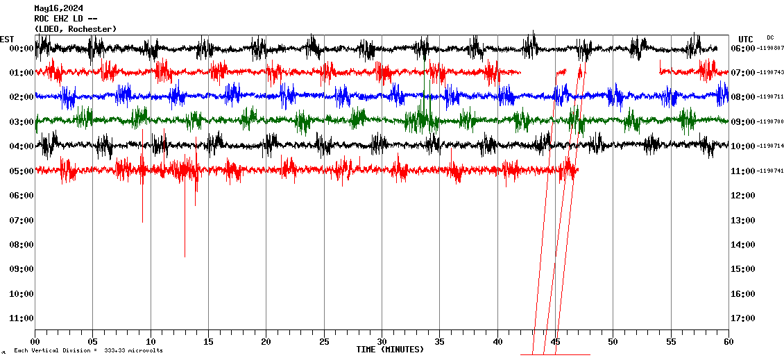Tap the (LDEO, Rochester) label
click(x=75, y=28)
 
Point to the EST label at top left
click(x=7, y=39)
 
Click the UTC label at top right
click(x=746, y=39)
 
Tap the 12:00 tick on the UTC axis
click(x=743, y=195)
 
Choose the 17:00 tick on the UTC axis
click(x=743, y=318)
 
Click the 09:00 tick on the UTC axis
click(x=743, y=121)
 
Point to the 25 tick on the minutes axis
click(x=324, y=341)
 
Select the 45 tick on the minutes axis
click(x=555, y=341)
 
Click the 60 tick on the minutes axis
click(x=728, y=341)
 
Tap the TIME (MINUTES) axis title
click(x=390, y=350)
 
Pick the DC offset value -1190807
click(x=771, y=48)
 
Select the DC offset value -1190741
click(x=771, y=171)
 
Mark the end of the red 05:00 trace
click(x=577, y=170)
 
